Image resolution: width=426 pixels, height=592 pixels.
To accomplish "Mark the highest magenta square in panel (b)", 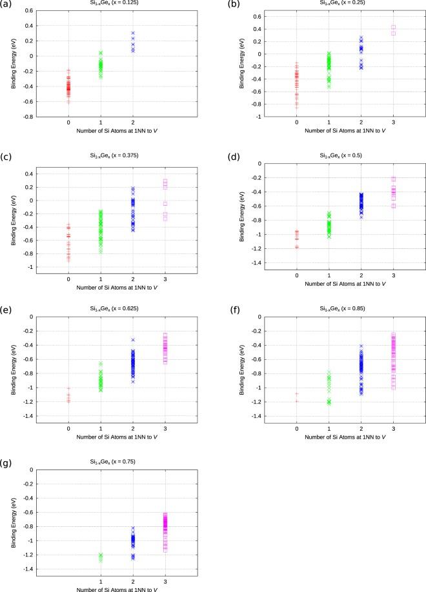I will click(393, 28).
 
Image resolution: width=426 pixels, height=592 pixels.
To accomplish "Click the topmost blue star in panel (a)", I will click(133, 33).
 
